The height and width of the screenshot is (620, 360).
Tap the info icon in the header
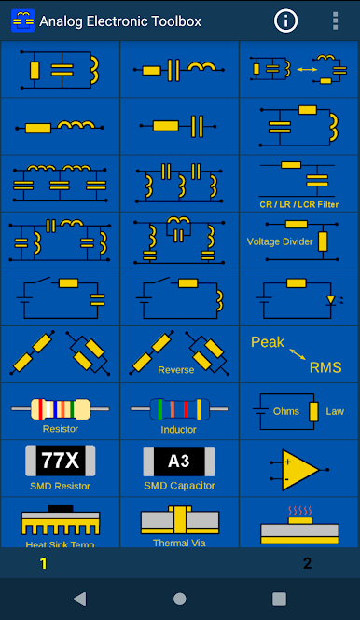click(x=285, y=21)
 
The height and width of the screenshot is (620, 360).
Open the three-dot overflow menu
click(x=336, y=21)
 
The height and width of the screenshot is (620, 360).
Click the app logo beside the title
click(x=23, y=21)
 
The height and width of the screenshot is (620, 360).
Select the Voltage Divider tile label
click(x=280, y=241)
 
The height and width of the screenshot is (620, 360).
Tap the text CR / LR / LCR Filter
click(x=299, y=204)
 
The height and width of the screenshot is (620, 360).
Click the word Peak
click(x=268, y=342)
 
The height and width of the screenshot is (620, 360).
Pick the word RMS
click(x=325, y=367)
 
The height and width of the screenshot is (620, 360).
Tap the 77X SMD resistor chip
click(x=60, y=461)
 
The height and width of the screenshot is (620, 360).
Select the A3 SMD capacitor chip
click(x=179, y=462)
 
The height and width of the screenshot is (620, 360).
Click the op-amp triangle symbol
click(x=300, y=470)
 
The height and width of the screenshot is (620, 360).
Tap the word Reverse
click(x=176, y=370)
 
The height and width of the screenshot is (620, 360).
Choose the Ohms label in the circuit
click(x=286, y=411)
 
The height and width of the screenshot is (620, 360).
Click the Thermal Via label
click(x=179, y=543)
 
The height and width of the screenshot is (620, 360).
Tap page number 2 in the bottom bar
click(x=308, y=563)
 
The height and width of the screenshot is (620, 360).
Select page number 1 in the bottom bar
click(x=44, y=563)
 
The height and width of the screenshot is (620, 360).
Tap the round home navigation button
click(x=180, y=599)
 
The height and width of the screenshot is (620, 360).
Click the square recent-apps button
click(x=279, y=599)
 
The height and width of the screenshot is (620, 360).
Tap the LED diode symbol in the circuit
click(x=331, y=300)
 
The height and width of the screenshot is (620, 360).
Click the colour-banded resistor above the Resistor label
click(x=60, y=409)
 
